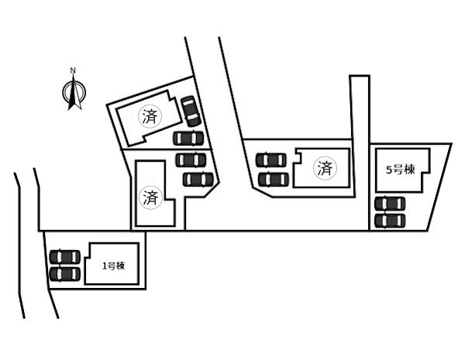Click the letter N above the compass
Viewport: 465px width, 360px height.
73,71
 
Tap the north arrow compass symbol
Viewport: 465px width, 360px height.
73,93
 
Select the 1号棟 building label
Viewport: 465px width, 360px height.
113,266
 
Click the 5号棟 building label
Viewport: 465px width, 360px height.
401,169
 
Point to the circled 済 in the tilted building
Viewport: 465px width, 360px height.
149,117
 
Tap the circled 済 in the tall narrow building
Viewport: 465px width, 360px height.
149,196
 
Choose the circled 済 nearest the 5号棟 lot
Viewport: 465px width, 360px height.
325,167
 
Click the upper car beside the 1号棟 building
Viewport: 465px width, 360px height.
65,257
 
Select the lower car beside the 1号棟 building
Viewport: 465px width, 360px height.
65,273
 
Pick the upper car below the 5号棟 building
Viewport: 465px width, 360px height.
390,204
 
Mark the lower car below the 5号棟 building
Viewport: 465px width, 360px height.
390,220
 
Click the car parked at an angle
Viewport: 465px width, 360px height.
190,111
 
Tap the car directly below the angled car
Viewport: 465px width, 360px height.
188,139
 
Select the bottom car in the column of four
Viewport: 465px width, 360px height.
198,180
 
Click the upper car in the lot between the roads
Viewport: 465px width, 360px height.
271,160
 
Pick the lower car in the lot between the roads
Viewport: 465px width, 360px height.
271,179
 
